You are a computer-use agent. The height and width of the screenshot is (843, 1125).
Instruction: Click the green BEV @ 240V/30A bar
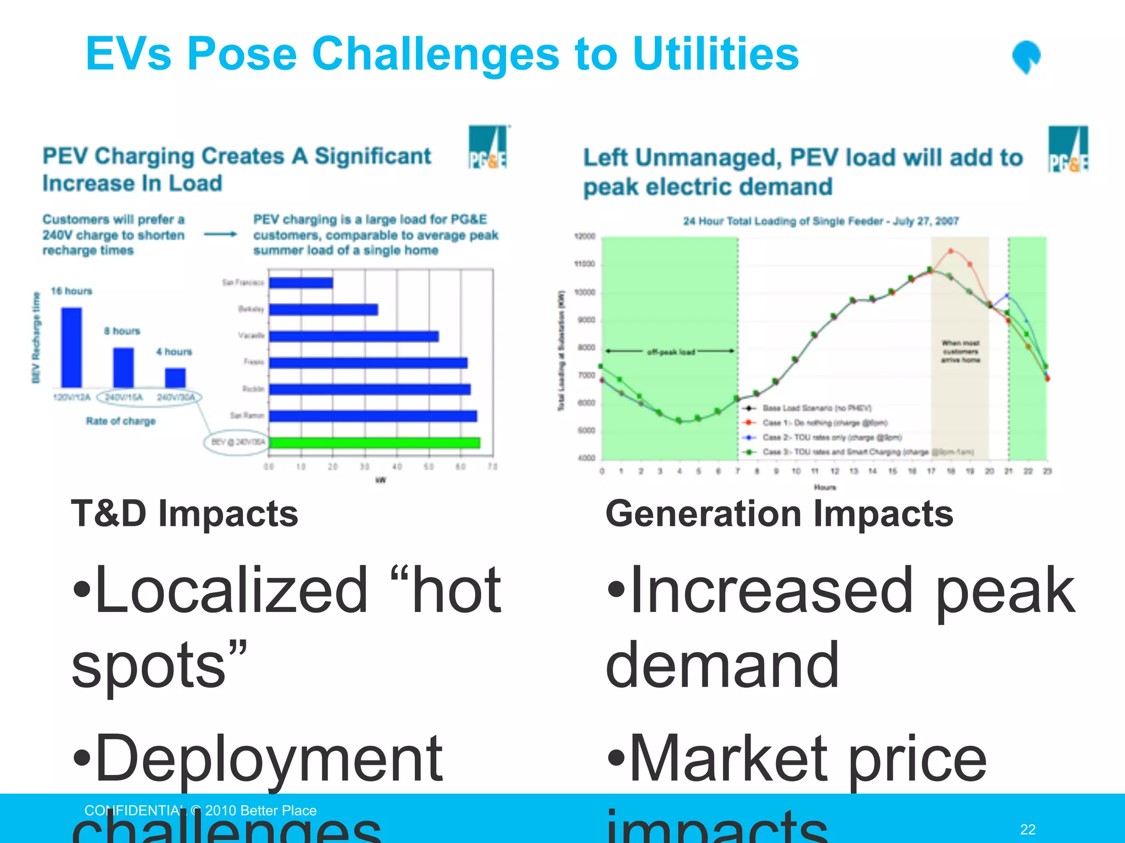(374, 442)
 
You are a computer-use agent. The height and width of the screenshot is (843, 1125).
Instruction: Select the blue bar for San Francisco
(301, 283)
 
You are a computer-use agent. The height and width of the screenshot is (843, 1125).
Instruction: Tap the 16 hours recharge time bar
(71, 347)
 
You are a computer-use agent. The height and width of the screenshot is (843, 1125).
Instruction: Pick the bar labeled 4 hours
(175, 378)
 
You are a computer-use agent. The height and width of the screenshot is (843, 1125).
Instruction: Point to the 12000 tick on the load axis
(584, 237)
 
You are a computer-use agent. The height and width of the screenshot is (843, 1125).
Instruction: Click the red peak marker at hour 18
(951, 251)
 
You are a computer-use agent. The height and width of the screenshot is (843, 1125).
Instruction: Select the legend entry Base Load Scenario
(816, 408)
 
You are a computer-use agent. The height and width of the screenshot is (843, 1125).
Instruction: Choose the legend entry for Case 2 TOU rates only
(831, 437)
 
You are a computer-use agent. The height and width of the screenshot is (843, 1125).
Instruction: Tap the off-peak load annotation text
(671, 352)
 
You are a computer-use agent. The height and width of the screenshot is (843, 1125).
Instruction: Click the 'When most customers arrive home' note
(960, 351)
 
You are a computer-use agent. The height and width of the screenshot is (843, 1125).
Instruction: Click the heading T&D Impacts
(185, 514)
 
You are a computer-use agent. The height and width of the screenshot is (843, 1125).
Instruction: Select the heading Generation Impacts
(779, 514)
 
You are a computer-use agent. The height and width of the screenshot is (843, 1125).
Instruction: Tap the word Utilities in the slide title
(715, 54)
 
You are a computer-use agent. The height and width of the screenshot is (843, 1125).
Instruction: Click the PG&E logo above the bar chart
(487, 147)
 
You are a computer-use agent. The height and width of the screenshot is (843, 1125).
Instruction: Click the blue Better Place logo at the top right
(1026, 57)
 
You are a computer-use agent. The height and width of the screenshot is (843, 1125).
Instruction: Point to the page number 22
(1027, 829)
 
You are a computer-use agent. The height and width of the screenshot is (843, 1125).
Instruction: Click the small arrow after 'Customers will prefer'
(220, 234)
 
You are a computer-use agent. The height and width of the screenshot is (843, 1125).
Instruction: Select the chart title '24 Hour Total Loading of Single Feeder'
(821, 221)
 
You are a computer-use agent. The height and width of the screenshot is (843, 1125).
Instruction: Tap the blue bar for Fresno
(368, 363)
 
